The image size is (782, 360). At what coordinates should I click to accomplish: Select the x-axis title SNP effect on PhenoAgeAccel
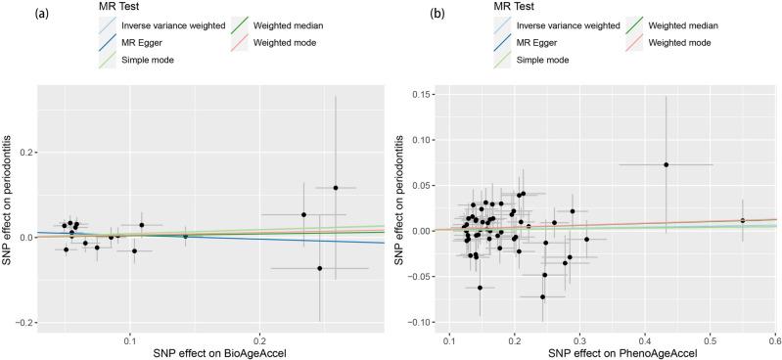coord(608,351)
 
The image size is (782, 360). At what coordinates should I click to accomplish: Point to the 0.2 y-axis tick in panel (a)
coord(24,153)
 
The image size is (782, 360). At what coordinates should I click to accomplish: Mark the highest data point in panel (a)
coord(335,188)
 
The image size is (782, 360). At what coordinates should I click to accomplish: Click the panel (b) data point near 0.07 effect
coord(666,164)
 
